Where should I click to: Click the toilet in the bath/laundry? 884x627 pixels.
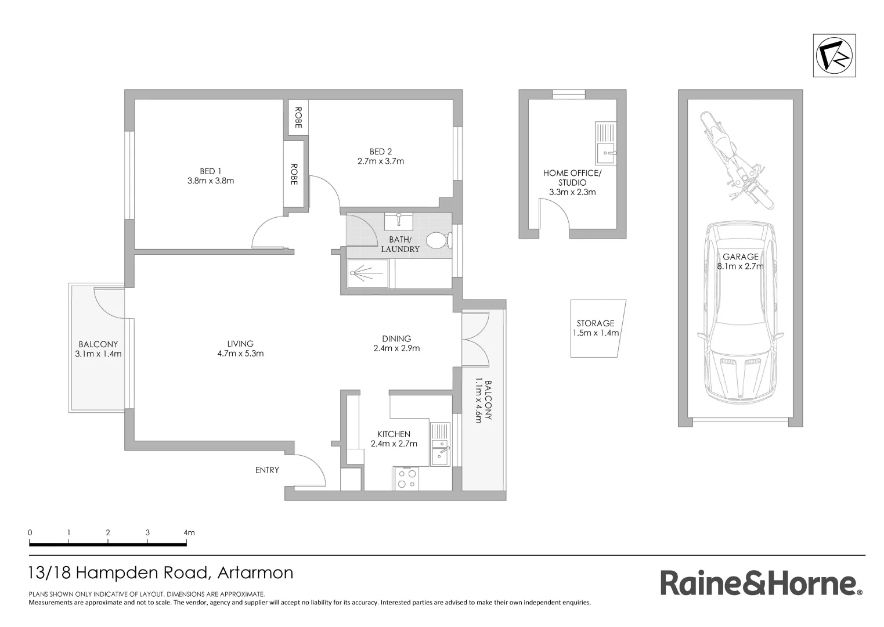coord(436,240)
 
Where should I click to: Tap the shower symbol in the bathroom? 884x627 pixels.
coord(367,273)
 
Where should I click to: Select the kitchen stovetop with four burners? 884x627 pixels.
coord(406,478)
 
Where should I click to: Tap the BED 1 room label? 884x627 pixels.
coord(211,171)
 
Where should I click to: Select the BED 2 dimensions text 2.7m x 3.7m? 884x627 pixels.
coord(381,161)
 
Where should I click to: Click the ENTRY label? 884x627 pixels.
coord(267,470)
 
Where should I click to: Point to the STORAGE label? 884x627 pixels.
coord(596,323)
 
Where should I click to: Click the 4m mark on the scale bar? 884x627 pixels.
coord(189,532)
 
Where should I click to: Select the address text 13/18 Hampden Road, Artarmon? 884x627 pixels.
coord(161,573)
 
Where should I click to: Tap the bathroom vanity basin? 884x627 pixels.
coord(399,221)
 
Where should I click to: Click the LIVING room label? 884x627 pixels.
coord(240,344)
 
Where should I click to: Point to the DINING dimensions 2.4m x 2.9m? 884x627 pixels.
coord(396,348)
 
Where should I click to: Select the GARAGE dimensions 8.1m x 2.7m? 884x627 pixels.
coord(741,266)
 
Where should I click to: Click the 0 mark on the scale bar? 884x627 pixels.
coord(30,532)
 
